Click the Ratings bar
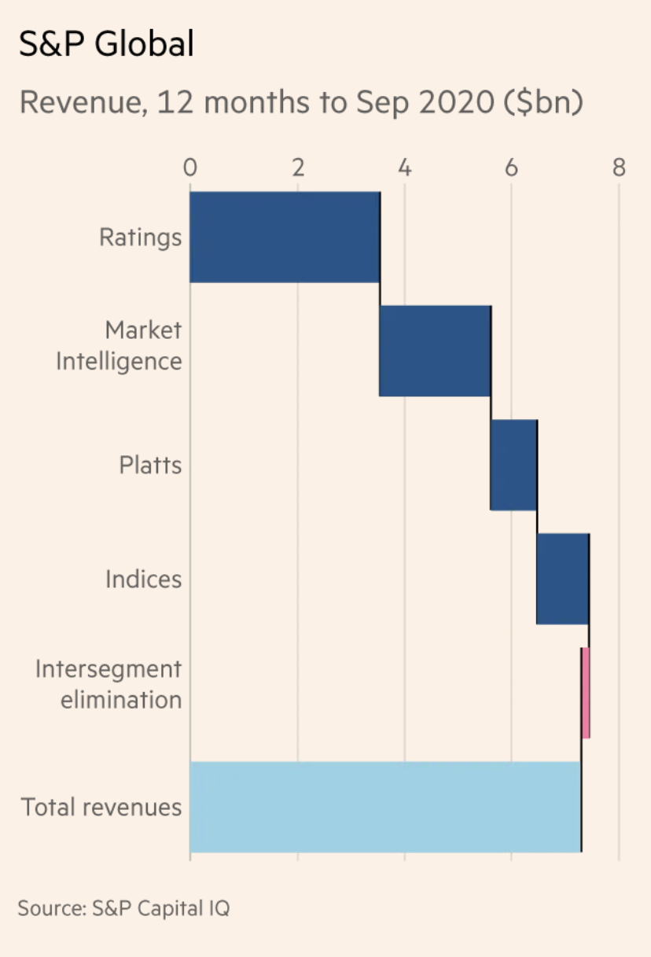tap(285, 237)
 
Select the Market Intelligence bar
tap(435, 351)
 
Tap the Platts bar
tap(513, 465)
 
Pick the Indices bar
tap(562, 579)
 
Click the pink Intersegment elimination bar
tap(586, 693)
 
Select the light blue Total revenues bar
tap(385, 807)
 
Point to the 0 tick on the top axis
tap(189, 167)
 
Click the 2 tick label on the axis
tap(297, 167)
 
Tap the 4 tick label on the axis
tap(404, 167)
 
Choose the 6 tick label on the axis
tap(512, 167)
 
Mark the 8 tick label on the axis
tap(619, 167)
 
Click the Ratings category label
tap(140, 237)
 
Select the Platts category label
tap(150, 465)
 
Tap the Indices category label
tap(143, 580)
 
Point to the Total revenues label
tap(101, 807)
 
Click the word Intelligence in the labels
tap(119, 362)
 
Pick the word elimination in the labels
tap(121, 700)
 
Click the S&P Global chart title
tap(106, 45)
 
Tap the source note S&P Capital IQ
tap(160, 908)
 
